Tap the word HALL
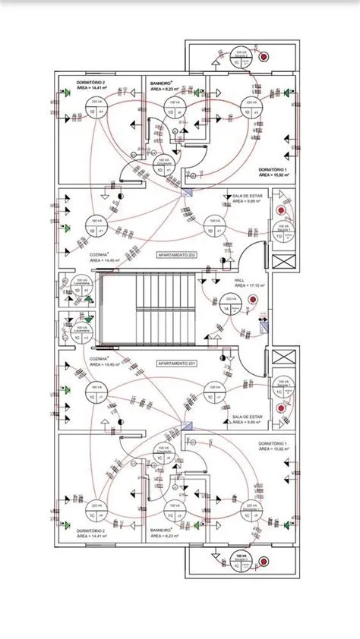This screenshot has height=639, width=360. click(239, 279)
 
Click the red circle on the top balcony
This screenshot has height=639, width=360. click(264, 57)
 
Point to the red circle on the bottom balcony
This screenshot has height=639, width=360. click(264, 562)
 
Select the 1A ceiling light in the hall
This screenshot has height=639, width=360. click(226, 305)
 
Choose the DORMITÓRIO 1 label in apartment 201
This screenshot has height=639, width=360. click(271, 442)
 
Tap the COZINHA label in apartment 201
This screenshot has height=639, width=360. click(99, 357)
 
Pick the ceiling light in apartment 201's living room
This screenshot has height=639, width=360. click(215, 393)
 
